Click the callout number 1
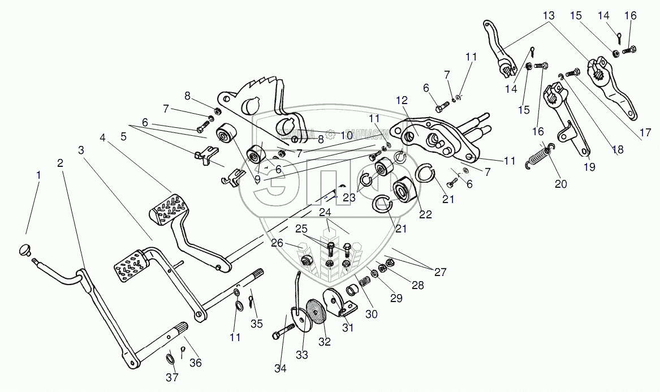pyautogui.click(x=38, y=175)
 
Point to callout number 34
pyautogui.click(x=281, y=369)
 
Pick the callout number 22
pyautogui.click(x=425, y=214)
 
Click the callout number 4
pyautogui.click(x=103, y=137)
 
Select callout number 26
pyautogui.click(x=277, y=244)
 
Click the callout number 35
pyautogui.click(x=257, y=324)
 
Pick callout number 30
pyautogui.click(x=372, y=314)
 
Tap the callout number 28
pyautogui.click(x=417, y=286)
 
